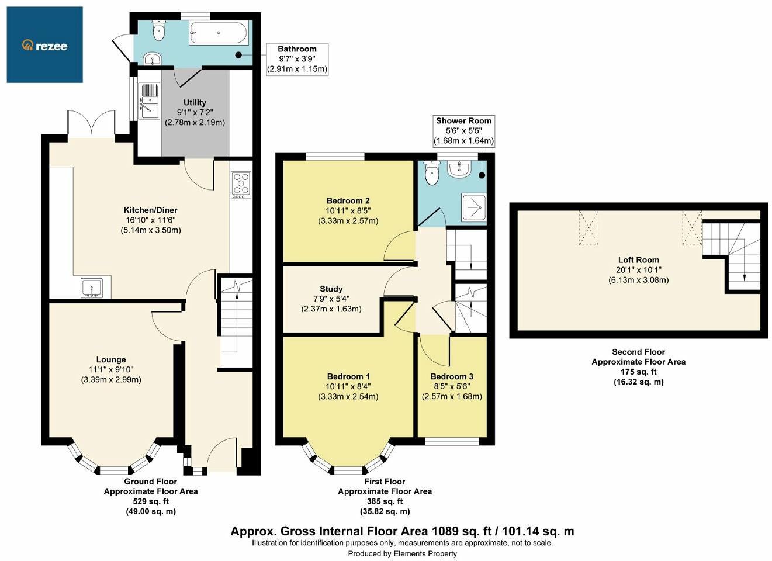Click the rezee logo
point(44,45)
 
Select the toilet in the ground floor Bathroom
point(159,30)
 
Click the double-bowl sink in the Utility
point(149,101)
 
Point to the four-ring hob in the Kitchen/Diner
point(241,185)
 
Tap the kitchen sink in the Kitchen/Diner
point(91,288)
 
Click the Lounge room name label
point(111,360)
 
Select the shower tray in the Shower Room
point(474,207)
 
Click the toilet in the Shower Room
point(431,172)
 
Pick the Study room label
point(331,289)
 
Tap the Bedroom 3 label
point(452,376)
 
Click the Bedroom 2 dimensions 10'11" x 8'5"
point(348,210)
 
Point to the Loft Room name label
point(638,260)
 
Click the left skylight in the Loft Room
point(588,228)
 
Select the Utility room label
point(195,102)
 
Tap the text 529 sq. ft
point(151,501)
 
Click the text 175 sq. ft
point(638,372)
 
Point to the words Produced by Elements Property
point(402,553)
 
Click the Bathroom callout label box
point(297,59)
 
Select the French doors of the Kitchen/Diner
point(91,123)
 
